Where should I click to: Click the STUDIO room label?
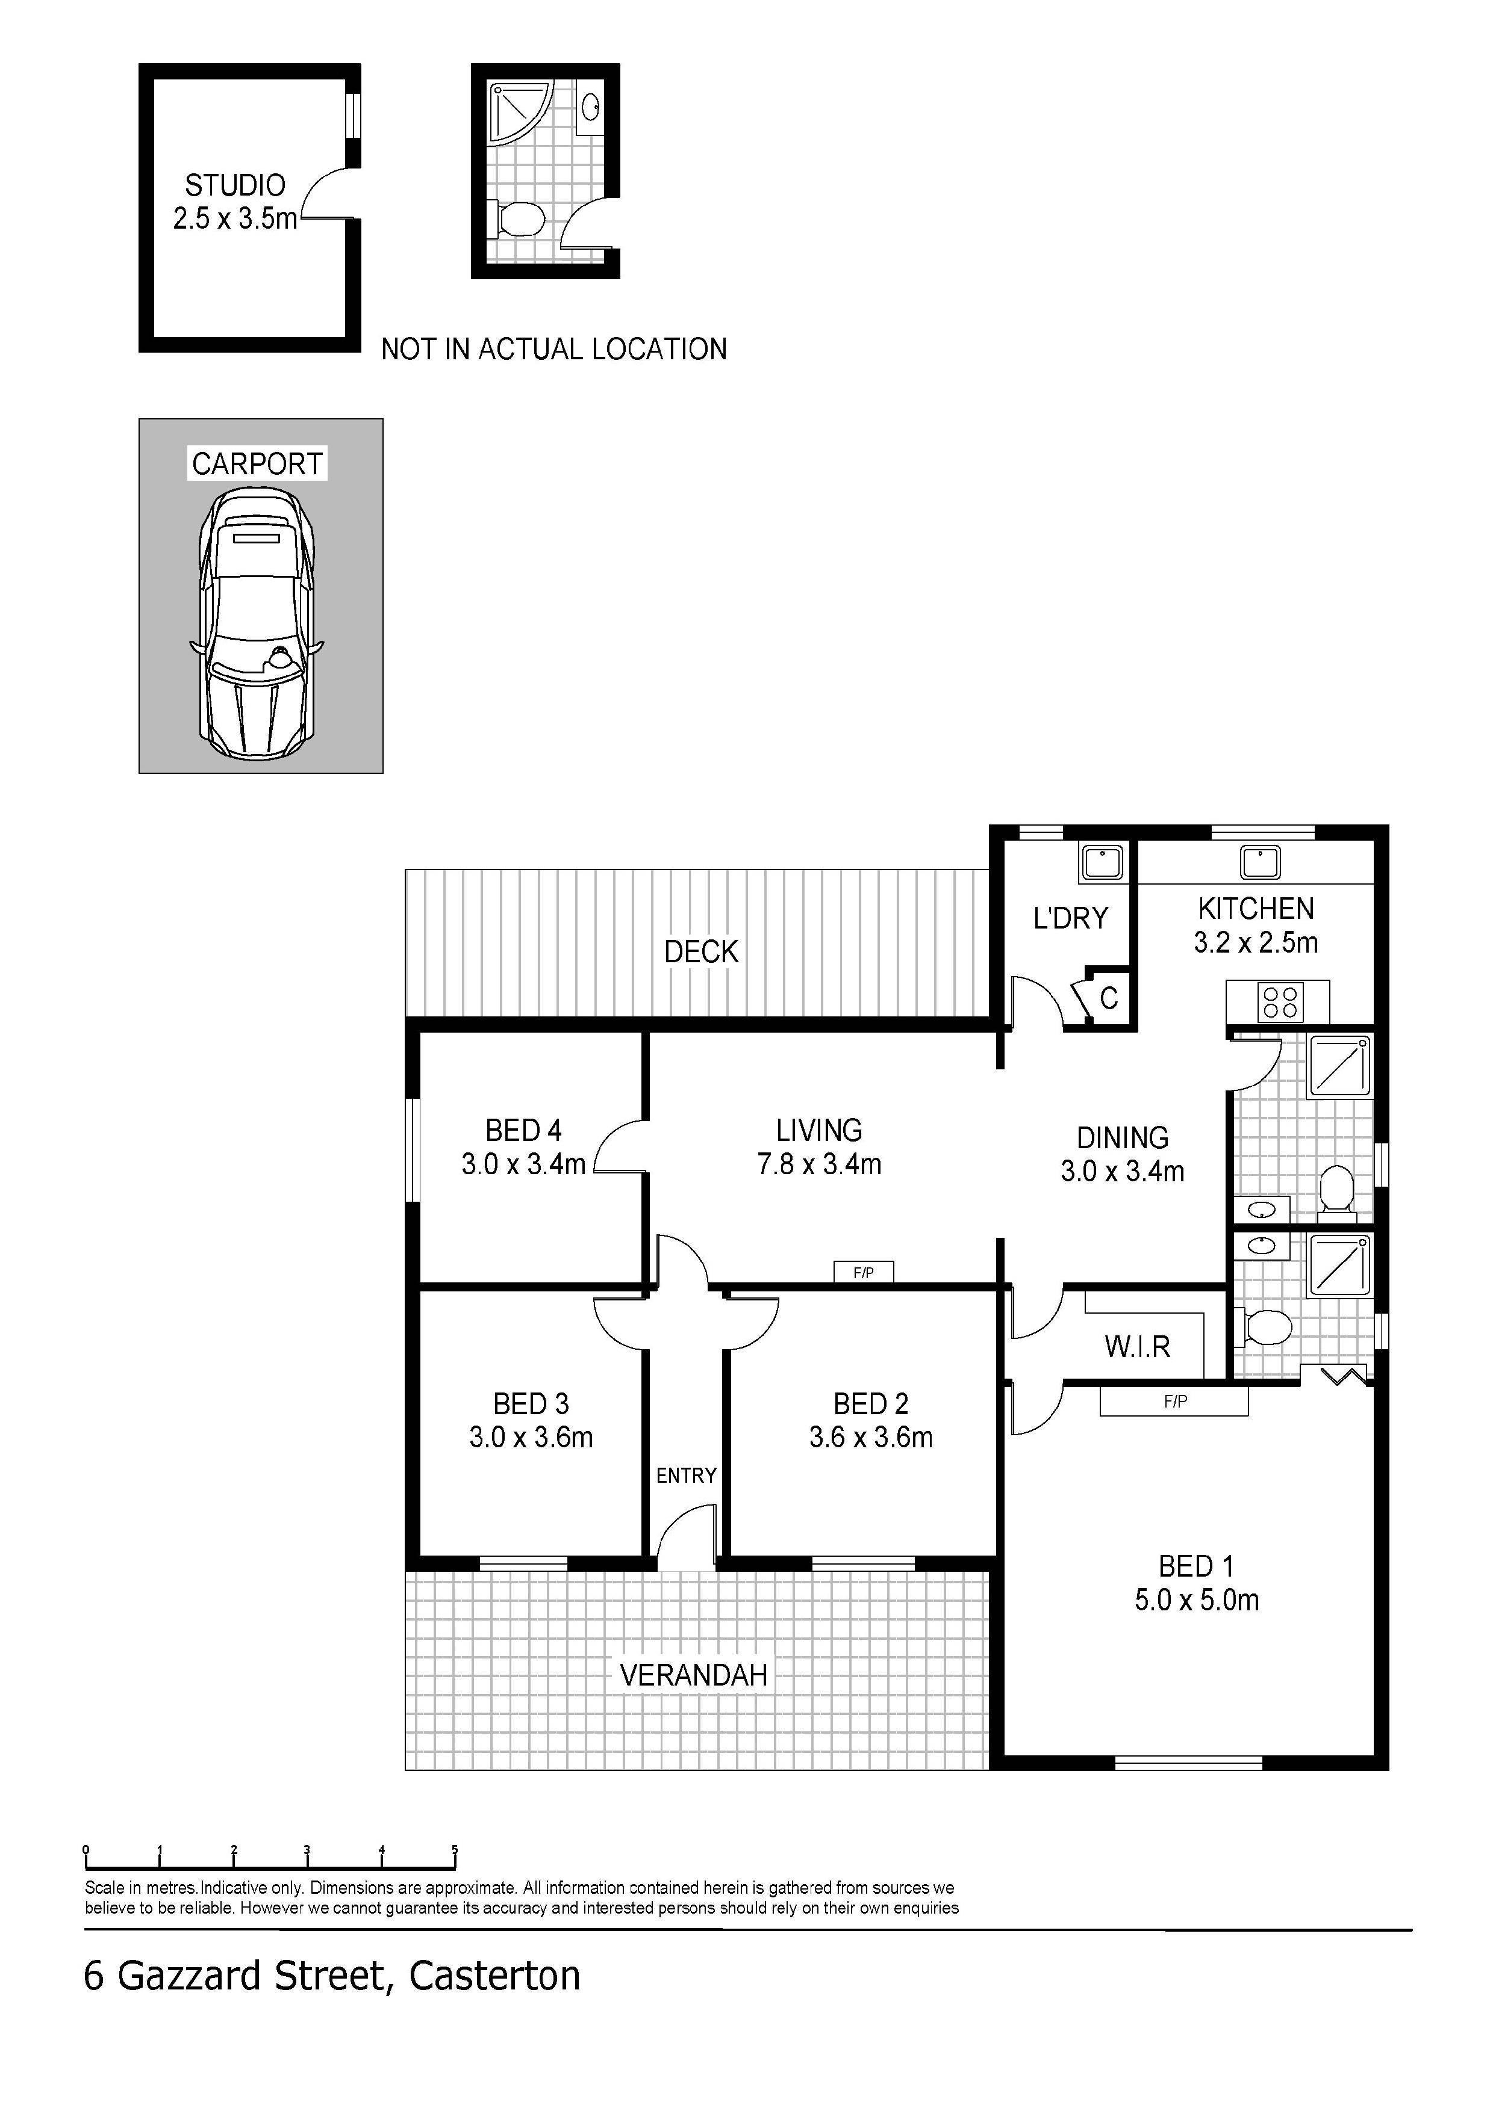[235, 186]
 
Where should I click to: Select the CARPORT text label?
[258, 463]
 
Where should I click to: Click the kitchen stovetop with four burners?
[1280, 1002]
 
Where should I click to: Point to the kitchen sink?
[1259, 862]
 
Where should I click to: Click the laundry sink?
[1102, 862]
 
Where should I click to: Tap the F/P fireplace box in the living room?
[863, 1273]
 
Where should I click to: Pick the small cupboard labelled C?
[1109, 998]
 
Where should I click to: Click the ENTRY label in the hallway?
[686, 1476]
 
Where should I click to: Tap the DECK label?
[701, 951]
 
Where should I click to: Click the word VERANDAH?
[694, 1675]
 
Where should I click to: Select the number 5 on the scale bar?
[455, 1851]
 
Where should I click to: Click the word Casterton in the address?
[495, 1975]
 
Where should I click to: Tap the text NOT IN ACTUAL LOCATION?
[554, 350]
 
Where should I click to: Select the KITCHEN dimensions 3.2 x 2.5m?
[1256, 942]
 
